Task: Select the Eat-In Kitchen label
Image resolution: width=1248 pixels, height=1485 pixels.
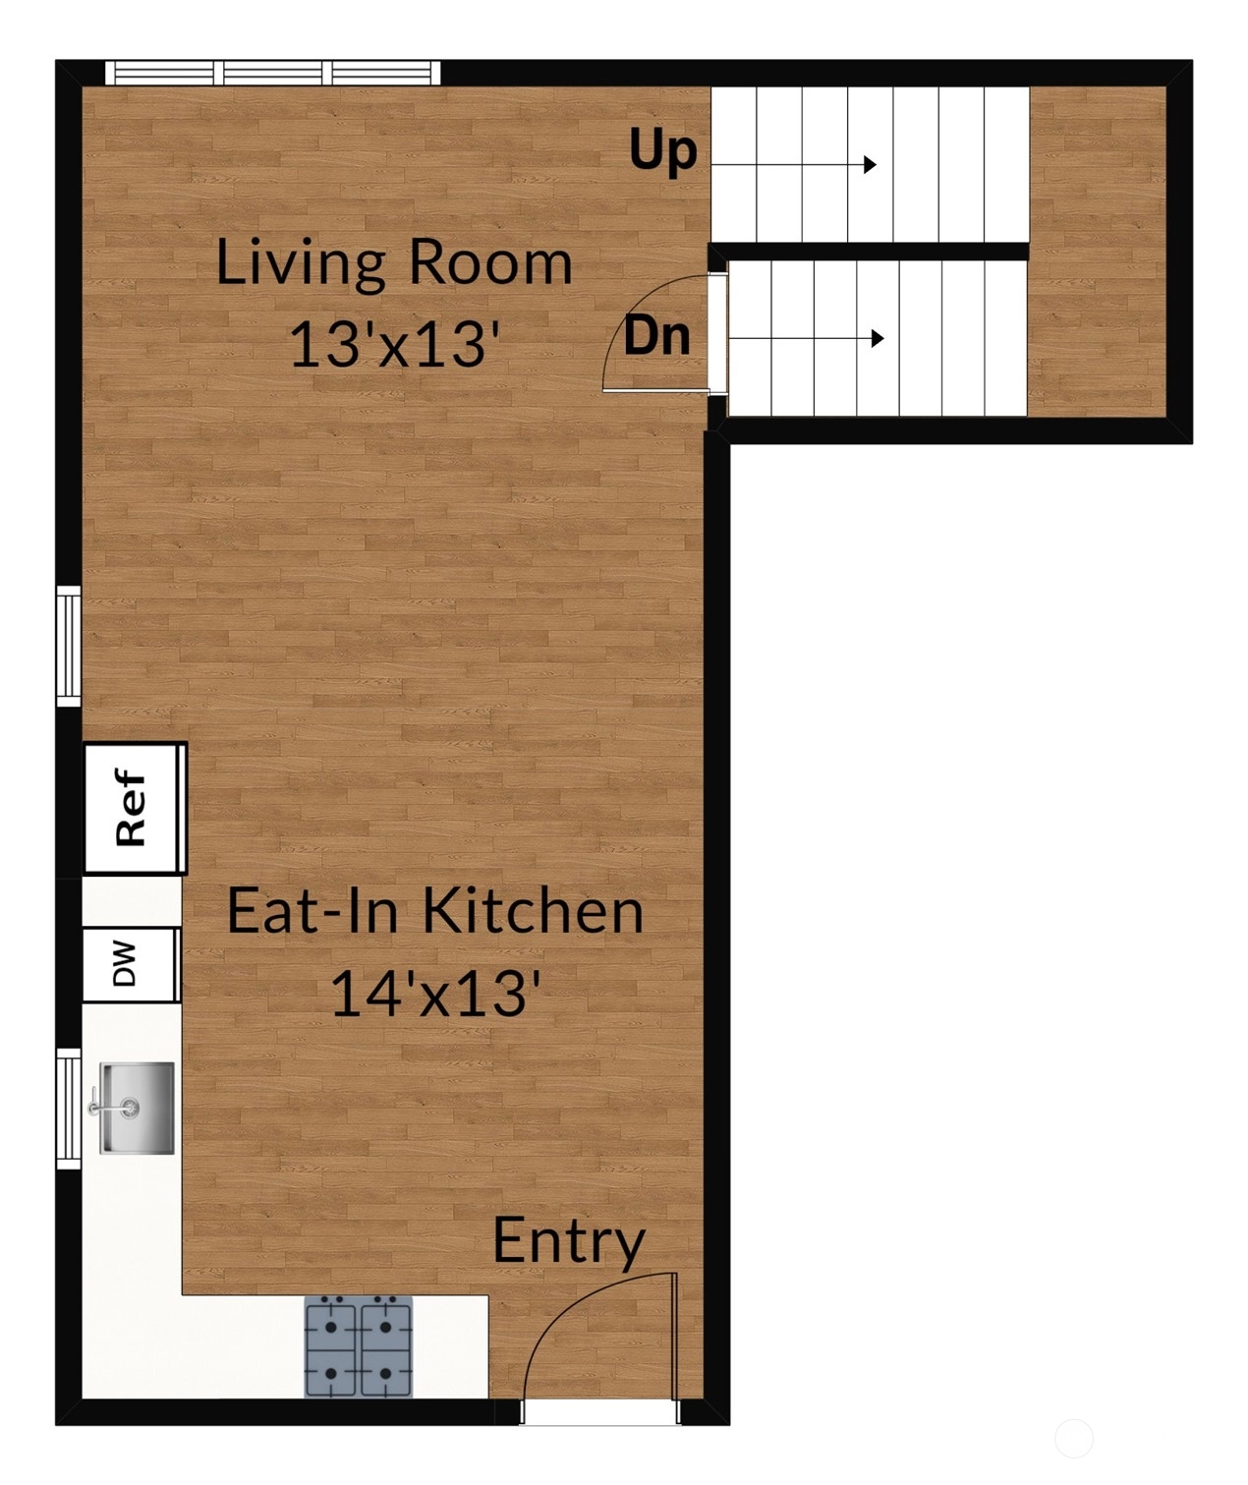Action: coord(435,911)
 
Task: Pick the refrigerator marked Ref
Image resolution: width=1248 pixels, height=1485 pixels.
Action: coord(135,808)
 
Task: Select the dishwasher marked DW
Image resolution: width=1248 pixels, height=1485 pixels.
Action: coord(130,964)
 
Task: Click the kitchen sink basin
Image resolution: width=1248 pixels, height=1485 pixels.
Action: coord(138,1109)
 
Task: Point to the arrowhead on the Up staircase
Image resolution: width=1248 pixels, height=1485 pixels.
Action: coord(870,165)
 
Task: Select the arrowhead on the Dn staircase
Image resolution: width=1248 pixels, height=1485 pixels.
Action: coord(878,338)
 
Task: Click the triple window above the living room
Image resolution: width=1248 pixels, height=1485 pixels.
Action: coord(273,74)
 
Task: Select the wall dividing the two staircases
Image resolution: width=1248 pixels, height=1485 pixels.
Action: coord(869,251)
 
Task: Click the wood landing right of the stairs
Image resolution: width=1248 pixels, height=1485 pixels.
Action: coord(1098,252)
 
